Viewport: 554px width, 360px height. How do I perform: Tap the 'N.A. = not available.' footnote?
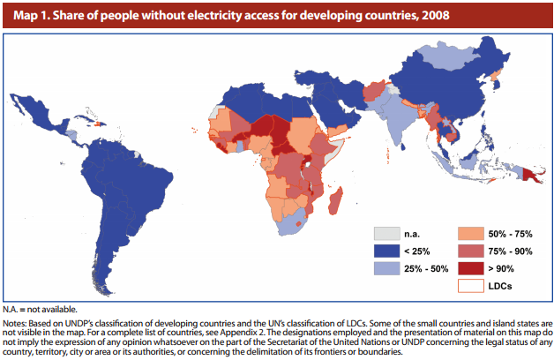pyautogui.click(x=52, y=310)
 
